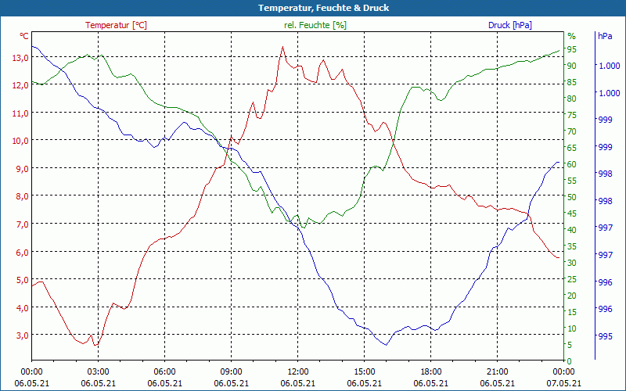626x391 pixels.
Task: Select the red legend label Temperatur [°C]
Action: coord(116,25)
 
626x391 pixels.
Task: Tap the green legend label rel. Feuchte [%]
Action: coord(315,25)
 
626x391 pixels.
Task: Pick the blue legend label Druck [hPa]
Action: coord(509,25)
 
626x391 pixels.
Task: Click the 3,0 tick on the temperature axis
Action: coord(20,335)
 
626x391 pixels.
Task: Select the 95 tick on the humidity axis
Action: coord(571,49)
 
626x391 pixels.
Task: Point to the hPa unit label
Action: coord(604,36)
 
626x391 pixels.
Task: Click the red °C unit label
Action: coord(24,36)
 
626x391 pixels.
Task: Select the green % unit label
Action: coord(571,36)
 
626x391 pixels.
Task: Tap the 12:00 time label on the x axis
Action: coord(298,371)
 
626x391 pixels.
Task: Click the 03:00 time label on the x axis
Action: coord(98,371)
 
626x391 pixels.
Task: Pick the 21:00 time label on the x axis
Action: coord(498,371)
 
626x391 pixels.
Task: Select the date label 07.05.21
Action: coord(564,383)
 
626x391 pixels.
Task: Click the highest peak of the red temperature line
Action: coord(282,47)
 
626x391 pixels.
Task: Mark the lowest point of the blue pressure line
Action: coord(385,345)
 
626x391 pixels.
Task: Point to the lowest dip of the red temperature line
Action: coord(95,345)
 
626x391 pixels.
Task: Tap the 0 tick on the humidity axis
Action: coord(569,361)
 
